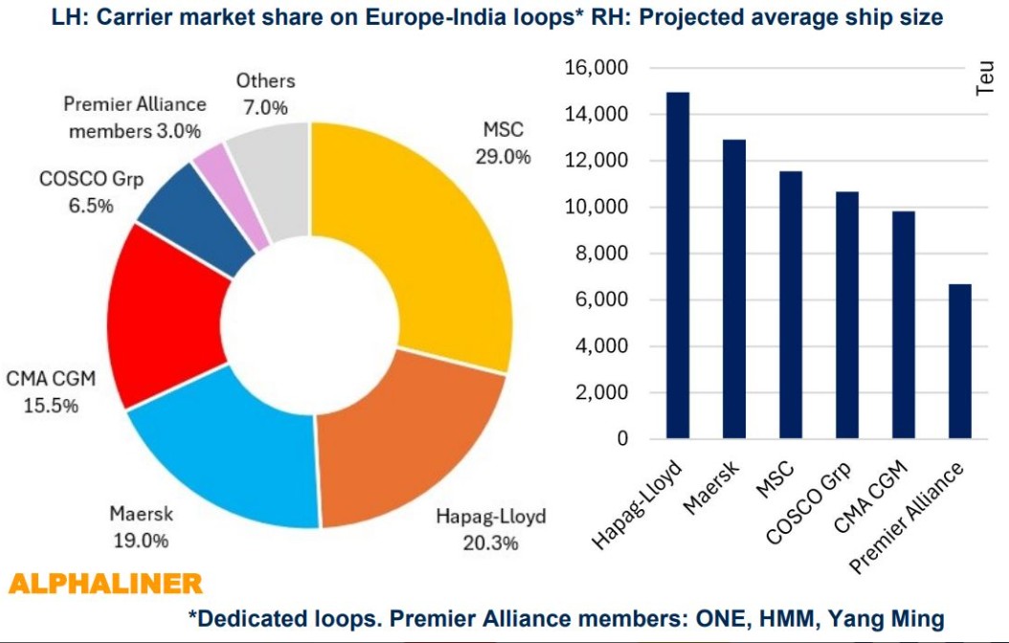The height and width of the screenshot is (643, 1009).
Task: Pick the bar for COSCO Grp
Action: click(x=847, y=315)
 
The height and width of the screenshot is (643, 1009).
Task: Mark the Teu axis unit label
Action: click(x=986, y=78)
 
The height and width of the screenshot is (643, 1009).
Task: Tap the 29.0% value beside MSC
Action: click(x=503, y=156)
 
